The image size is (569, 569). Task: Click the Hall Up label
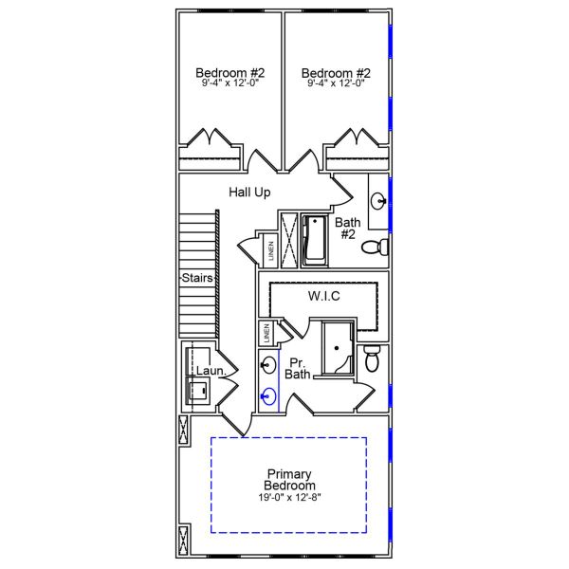[249, 193]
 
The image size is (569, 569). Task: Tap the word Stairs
[196, 278]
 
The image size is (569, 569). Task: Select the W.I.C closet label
[323, 297]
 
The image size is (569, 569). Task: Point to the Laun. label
[209, 371]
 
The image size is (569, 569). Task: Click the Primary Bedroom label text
[290, 480]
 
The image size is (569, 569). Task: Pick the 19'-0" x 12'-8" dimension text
[290, 498]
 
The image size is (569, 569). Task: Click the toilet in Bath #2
[378, 248]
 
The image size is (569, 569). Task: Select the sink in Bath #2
[377, 201]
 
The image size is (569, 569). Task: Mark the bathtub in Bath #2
[313, 239]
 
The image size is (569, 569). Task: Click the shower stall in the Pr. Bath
[336, 349]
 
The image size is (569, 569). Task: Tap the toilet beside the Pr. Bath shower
[373, 359]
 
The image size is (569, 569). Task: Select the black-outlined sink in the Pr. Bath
[269, 365]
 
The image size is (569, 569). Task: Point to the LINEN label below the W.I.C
[267, 334]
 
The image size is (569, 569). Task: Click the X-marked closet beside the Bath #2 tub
[288, 238]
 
